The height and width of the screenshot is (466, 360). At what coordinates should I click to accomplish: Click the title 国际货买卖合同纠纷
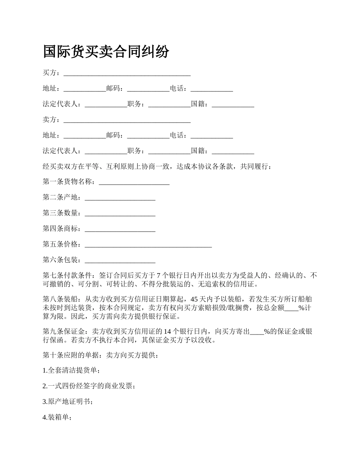[x=106, y=52]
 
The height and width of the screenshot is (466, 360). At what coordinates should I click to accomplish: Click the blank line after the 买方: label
[x=127, y=73]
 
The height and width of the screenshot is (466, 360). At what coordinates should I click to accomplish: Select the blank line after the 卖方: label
[x=127, y=120]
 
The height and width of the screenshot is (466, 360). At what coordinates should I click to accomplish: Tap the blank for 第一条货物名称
[x=134, y=182]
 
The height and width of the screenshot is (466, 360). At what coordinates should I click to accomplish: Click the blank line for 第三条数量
[x=120, y=213]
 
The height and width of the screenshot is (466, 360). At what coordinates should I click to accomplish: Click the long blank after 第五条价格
[x=148, y=245]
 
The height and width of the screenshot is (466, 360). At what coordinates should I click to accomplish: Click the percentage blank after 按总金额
[x=291, y=308]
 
